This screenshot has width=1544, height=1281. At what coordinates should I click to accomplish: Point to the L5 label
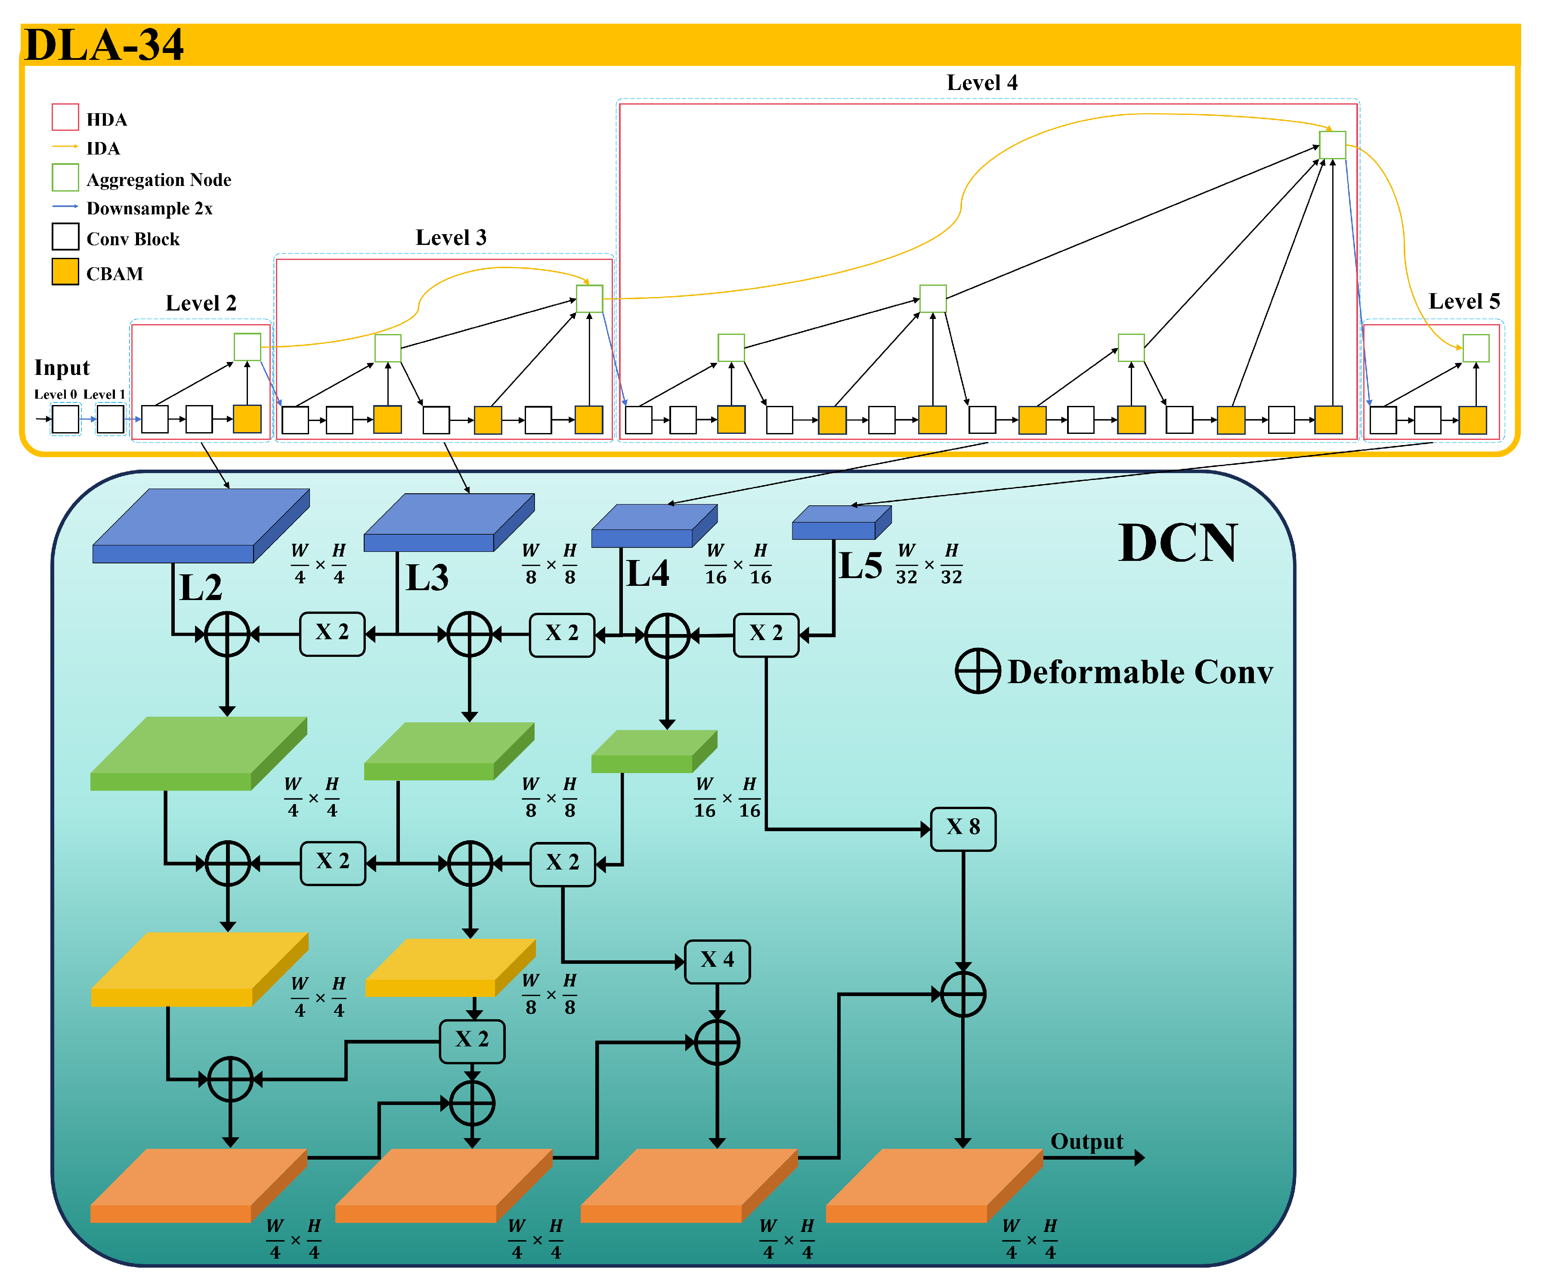pos(860,566)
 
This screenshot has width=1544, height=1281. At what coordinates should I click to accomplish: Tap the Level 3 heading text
pos(451,238)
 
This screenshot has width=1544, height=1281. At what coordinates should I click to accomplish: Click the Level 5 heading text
pos(1463,301)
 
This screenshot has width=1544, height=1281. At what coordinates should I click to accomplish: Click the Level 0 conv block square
pos(65,419)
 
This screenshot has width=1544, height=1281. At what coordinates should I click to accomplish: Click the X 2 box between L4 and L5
pos(765,634)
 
